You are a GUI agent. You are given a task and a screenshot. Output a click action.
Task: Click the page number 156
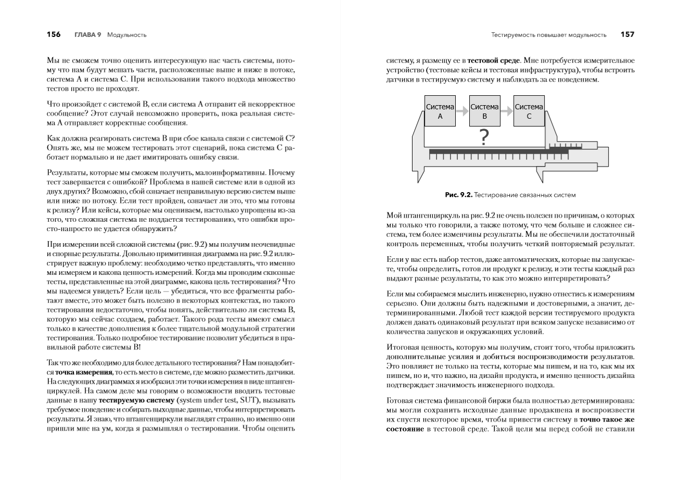[x=54, y=35]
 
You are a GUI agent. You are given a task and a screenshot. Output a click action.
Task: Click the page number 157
[x=627, y=35]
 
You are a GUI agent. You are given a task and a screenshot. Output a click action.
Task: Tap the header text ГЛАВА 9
[x=88, y=35]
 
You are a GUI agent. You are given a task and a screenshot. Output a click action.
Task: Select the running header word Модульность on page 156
[x=126, y=35]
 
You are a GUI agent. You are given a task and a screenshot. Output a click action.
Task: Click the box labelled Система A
[x=440, y=111]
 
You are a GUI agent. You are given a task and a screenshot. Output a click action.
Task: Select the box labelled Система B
[x=484, y=111]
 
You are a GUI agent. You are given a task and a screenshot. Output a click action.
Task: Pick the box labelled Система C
[x=529, y=111]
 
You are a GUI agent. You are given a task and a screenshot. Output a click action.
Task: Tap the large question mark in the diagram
[x=484, y=137]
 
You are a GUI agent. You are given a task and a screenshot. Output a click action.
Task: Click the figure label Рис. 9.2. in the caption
[x=458, y=195]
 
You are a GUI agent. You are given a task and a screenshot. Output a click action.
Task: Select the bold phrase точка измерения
[x=84, y=372]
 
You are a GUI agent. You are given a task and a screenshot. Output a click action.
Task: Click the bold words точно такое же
[x=607, y=419]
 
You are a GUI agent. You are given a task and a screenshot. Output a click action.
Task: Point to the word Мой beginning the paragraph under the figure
[x=393, y=216]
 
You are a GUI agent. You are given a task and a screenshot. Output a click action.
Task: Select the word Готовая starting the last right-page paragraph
[x=401, y=400]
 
